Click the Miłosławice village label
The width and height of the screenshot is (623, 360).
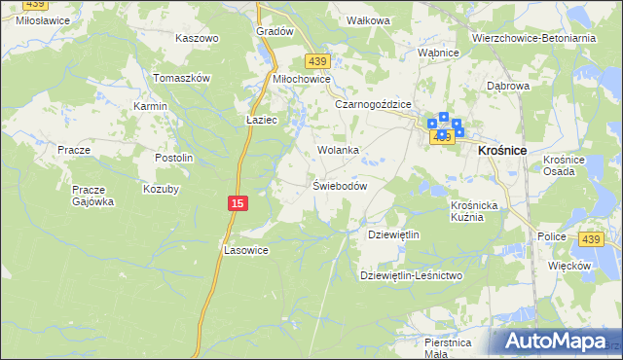click(34, 19)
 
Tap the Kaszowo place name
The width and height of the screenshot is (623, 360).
click(197, 38)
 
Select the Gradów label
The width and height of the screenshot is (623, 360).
click(275, 31)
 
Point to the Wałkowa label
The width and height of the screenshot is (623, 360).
click(369, 20)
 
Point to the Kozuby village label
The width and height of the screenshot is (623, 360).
click(162, 189)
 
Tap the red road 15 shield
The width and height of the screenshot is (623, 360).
click(238, 202)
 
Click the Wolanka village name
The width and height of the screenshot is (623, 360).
click(339, 151)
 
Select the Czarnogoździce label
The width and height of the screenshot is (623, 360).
click(374, 104)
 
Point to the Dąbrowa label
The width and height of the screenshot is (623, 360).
click(507, 86)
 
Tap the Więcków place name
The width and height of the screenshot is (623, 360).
click(569, 265)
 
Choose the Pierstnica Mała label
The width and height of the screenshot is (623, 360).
click(448, 348)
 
